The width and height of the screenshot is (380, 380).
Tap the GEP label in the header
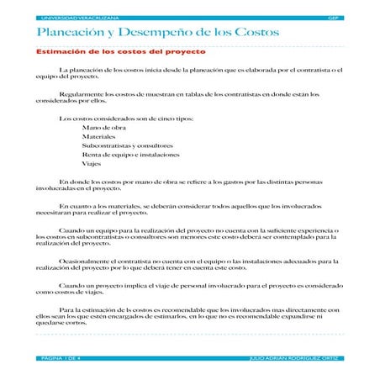335,17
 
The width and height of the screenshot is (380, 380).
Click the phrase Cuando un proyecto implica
105,286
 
